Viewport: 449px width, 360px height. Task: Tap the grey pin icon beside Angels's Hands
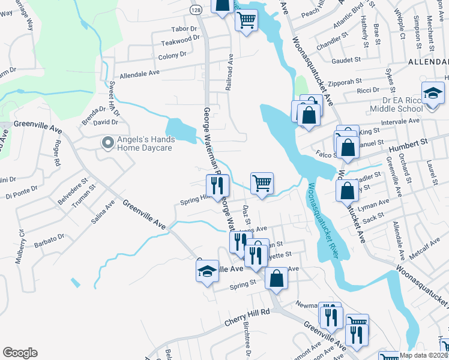pyautogui.click(x=107, y=143)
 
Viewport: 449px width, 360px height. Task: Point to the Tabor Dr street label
pyautogui.click(x=184, y=29)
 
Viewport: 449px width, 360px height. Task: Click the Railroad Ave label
pyautogui.click(x=229, y=72)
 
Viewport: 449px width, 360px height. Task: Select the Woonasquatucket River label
pyautogui.click(x=323, y=221)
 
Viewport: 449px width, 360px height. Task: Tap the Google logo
pyautogui.click(x=20, y=353)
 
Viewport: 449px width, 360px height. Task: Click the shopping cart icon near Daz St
pyautogui.click(x=262, y=182)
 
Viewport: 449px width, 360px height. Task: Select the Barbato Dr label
pyautogui.click(x=49, y=238)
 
